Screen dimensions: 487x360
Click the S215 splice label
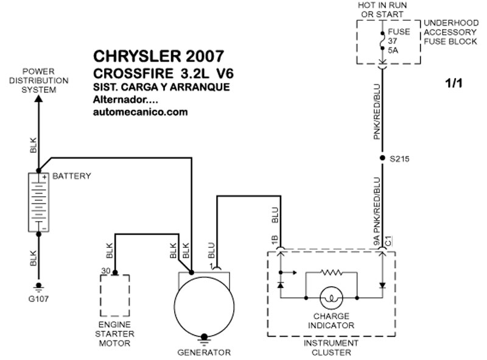pos(399,159)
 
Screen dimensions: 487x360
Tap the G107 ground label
pos(38,298)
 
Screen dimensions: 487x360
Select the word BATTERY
pos(71,176)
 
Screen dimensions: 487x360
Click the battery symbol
pos(38,202)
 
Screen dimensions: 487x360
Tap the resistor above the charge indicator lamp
pos(331,273)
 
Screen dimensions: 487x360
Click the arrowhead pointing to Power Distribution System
pos(38,99)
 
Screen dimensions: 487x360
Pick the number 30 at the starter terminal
pos(105,271)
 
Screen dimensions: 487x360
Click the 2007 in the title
pos(205,56)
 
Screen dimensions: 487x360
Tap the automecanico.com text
pos(141,112)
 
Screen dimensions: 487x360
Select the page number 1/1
pos(454,83)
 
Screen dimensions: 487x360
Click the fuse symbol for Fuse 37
pos(382,41)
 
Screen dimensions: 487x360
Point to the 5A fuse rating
pos(393,50)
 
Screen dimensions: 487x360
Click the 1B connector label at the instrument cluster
pos(275,240)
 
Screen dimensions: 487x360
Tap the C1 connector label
pos(388,241)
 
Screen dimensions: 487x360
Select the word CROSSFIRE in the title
pos(133,74)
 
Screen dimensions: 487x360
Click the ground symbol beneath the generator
pos(204,340)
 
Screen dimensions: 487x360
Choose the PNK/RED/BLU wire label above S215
pos(377,111)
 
